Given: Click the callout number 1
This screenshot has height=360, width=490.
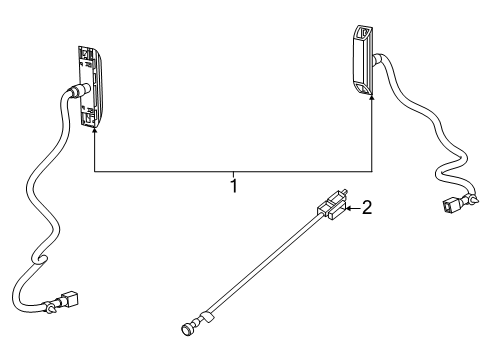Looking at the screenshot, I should click(233, 185).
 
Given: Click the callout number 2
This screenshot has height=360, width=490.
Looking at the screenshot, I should click(366, 208).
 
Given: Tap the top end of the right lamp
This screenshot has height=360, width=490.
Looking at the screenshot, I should click(362, 29).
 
